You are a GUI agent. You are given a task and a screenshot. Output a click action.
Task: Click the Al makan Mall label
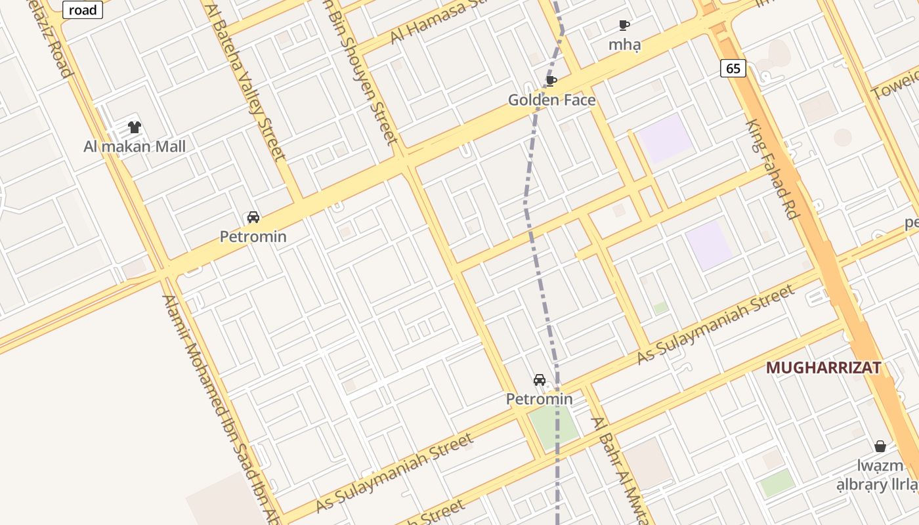(135, 146)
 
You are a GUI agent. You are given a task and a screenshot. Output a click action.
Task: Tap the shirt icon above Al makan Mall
(135, 127)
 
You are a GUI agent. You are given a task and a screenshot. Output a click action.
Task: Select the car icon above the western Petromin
(253, 217)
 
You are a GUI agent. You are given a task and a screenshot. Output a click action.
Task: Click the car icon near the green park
(539, 380)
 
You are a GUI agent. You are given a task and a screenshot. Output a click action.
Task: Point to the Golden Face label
(552, 100)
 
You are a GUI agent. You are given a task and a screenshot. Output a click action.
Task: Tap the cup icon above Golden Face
(551, 81)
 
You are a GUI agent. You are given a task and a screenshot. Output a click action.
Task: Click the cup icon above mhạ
(624, 26)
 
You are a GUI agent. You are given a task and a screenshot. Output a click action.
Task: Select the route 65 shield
(733, 68)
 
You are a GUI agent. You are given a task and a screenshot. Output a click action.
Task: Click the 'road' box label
(83, 9)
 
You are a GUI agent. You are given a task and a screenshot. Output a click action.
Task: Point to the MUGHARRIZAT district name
(823, 368)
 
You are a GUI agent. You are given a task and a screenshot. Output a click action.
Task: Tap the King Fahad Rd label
(771, 169)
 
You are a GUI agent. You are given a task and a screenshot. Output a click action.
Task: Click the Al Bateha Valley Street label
(246, 82)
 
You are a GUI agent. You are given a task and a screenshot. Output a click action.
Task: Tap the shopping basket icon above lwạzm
(880, 446)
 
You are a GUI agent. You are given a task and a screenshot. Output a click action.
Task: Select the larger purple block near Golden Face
(666, 138)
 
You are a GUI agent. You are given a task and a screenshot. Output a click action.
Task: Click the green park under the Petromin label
(553, 427)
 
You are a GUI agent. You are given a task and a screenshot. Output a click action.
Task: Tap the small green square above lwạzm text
(777, 482)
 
